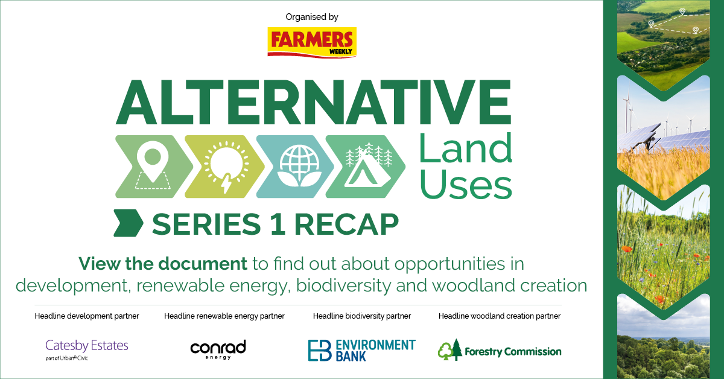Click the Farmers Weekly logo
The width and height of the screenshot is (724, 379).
pos(312,41)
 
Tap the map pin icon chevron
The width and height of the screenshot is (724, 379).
pos(151,167)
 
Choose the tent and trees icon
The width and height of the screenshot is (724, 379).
pos(368,167)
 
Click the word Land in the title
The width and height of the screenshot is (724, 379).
pos(465,148)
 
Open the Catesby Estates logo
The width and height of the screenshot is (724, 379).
pos(87,349)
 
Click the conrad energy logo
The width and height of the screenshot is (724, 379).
pos(218,349)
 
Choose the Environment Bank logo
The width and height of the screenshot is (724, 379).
pos(361,349)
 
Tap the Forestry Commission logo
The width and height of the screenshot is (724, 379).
pos(499,351)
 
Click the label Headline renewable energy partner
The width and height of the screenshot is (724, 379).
pos(224,316)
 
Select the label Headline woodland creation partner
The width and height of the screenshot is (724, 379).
pos(499,316)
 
